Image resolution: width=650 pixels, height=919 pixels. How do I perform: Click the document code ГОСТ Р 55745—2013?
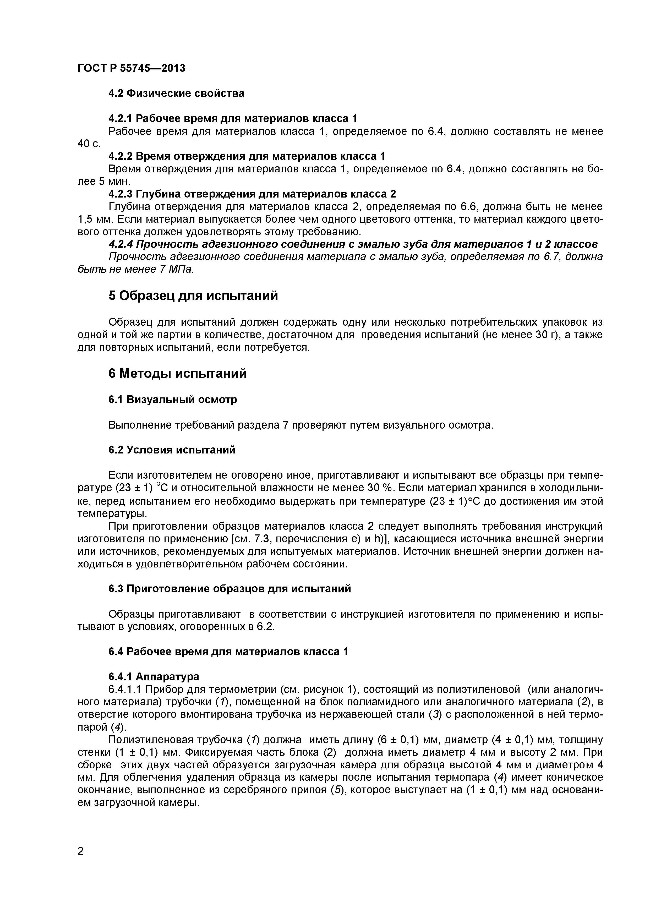pos(131,68)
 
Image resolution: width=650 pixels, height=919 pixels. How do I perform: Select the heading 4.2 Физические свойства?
pos(176,94)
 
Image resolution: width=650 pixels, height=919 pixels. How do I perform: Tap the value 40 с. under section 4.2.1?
pos(89,144)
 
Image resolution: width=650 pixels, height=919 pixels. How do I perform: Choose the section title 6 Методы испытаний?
pos(177,374)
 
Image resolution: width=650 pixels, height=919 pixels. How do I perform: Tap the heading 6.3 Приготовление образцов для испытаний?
pos(230,589)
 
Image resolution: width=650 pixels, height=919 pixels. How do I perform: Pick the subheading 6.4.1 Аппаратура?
pos(154,677)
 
